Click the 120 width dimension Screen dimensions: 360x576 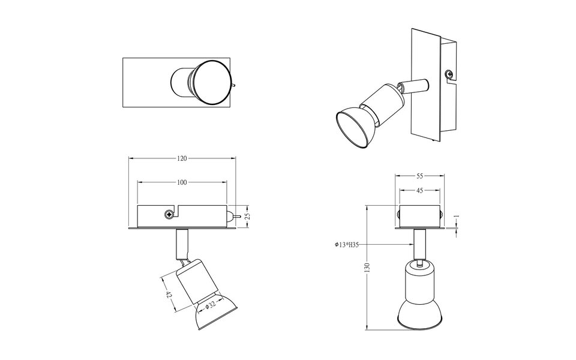[x=182, y=158]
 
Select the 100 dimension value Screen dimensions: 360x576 [x=182, y=182]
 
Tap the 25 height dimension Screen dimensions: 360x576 [x=247, y=216]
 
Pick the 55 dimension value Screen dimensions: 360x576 [x=419, y=176]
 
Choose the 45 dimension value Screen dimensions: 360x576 [x=419, y=190]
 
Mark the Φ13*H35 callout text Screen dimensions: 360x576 [x=347, y=244]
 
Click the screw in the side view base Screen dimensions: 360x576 [x=169, y=214]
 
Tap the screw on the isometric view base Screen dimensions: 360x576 [x=448, y=74]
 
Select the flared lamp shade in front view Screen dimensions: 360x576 [x=419, y=312]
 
